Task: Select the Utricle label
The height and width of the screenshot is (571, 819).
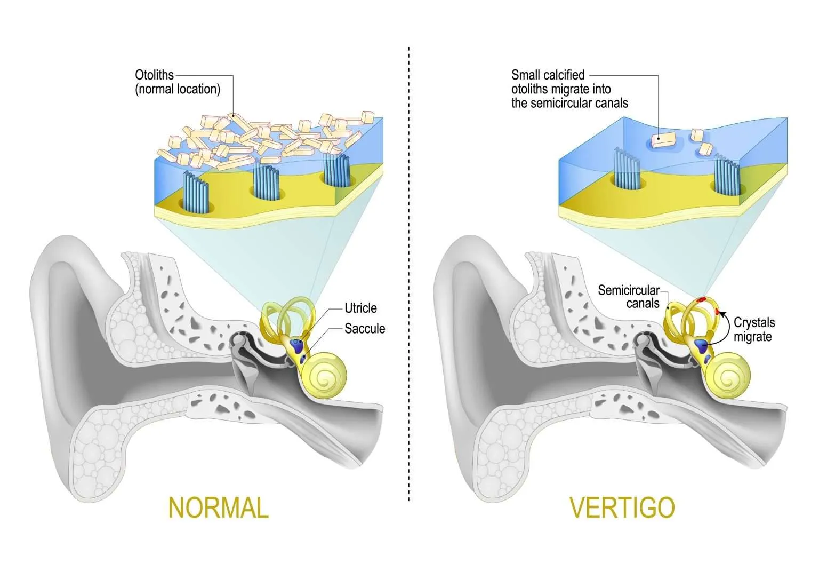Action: click(360, 308)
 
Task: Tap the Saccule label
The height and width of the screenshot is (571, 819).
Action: click(365, 328)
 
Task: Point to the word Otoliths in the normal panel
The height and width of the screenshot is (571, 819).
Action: click(155, 75)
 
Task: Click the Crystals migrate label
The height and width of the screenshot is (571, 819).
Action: click(754, 329)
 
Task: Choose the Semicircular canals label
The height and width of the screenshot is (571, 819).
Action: click(629, 297)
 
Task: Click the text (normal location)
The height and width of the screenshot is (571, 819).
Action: click(178, 89)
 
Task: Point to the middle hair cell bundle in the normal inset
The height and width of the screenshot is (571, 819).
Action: click(266, 181)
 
